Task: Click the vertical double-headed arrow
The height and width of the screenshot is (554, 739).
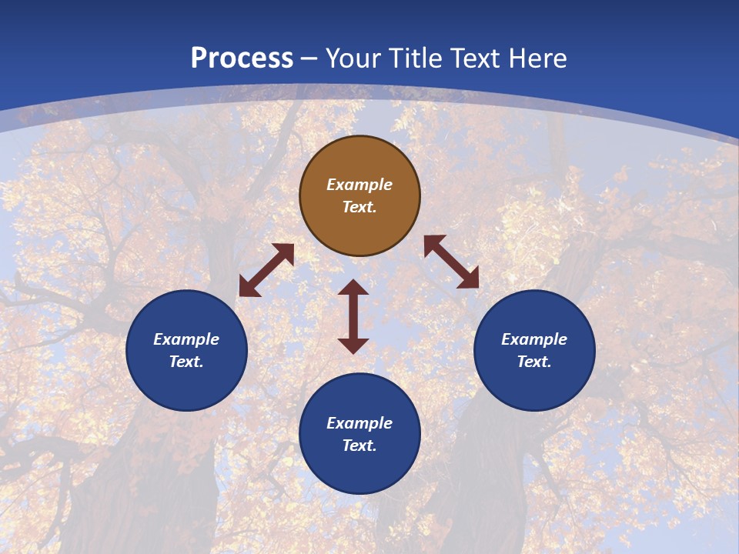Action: [353, 317]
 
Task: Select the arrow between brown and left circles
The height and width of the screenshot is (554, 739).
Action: [266, 270]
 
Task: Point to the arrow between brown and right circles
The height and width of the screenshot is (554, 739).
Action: [452, 262]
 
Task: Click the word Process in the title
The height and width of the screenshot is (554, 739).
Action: [242, 58]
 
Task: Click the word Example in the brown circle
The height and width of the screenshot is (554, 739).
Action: [359, 185]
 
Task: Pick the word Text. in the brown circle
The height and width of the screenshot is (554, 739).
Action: [359, 207]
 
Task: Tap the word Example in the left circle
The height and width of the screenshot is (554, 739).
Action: [186, 339]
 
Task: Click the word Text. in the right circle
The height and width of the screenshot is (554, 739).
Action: [534, 362]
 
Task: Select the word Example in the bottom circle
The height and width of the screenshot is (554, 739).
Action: [359, 423]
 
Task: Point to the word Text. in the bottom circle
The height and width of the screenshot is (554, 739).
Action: [359, 446]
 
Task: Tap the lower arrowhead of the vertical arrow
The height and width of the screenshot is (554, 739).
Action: [353, 345]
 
